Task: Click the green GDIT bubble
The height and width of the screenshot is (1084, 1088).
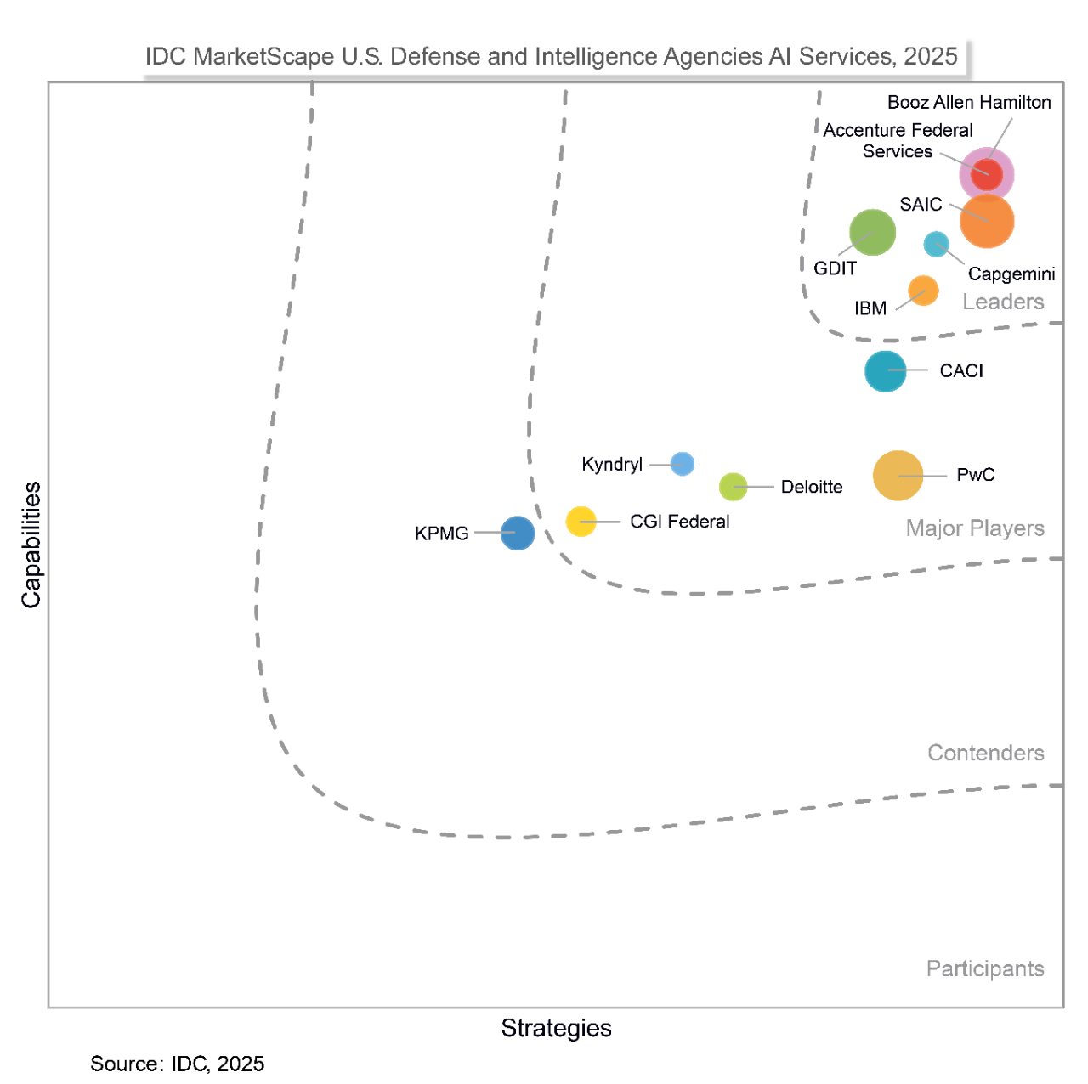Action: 872,232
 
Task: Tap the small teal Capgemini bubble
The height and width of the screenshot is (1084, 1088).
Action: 936,244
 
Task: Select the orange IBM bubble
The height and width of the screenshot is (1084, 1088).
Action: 923,291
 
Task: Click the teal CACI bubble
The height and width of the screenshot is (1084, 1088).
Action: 885,371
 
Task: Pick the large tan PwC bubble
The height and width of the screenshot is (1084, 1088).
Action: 898,476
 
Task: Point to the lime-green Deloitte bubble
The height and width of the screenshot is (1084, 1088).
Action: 733,487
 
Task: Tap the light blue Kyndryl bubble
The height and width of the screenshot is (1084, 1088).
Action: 682,464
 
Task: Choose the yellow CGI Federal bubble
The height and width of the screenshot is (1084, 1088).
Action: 581,521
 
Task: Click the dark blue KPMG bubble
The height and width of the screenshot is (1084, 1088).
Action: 517,533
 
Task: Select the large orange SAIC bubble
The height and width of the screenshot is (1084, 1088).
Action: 987,221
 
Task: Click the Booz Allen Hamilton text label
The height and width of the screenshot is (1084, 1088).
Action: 969,102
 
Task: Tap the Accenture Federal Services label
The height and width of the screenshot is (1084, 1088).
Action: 898,140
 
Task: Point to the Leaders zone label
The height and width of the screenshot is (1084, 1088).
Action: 1003,302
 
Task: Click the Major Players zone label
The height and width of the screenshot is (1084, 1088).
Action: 975,528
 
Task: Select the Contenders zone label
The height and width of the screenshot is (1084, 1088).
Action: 985,753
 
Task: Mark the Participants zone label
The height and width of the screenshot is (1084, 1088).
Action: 985,968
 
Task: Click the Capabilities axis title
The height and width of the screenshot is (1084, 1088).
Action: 31,545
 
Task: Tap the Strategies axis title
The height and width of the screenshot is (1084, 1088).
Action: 556,1028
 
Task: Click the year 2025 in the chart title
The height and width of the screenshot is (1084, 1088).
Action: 930,56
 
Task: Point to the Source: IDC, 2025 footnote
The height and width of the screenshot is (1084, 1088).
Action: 177,1064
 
